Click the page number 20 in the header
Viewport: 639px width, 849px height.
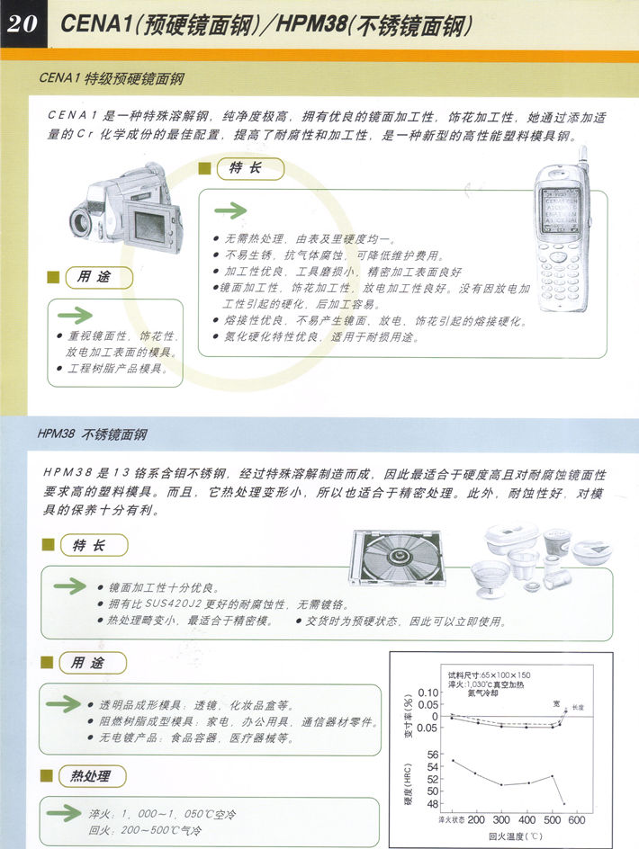(23, 23)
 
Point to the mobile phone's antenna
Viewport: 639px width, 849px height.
(582, 156)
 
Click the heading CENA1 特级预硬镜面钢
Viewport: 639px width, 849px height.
(112, 79)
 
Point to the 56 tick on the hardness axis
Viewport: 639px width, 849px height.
(431, 755)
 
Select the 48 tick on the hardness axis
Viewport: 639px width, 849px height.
(431, 803)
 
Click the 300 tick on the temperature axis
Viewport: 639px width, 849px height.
(502, 820)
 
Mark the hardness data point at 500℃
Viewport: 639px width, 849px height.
(553, 775)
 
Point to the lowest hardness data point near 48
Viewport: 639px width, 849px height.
(564, 803)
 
